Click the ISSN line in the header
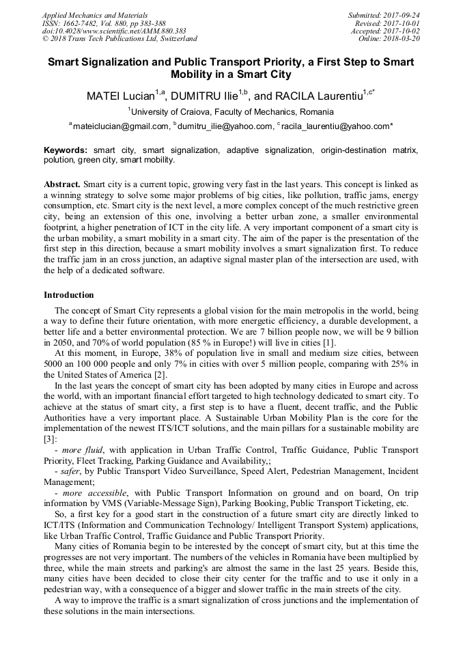104,23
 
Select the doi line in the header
114,31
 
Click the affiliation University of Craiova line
231,111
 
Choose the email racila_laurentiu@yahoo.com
335,126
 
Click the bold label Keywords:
66,150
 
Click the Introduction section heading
69,295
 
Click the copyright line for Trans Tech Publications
120,39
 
